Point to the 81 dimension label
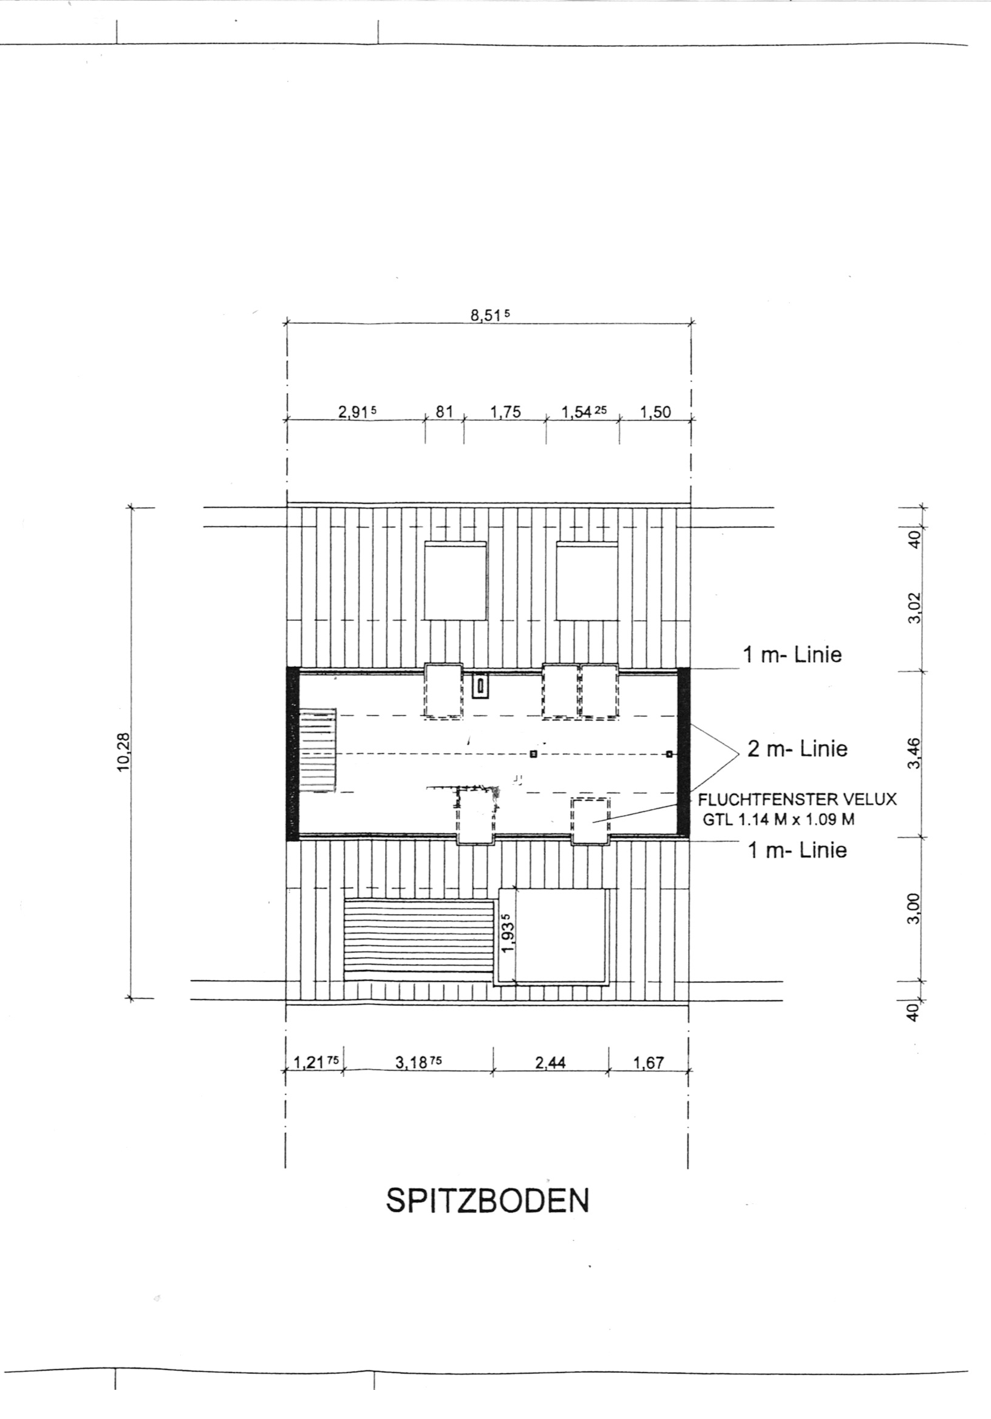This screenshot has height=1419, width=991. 445,412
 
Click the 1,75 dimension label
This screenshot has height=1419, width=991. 505,412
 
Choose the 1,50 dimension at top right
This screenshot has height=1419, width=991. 655,412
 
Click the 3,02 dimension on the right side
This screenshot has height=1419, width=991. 916,608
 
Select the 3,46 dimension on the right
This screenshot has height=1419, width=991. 916,753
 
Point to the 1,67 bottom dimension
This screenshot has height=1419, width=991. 648,1062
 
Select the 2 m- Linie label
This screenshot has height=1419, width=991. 797,749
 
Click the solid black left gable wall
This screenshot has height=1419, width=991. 293,753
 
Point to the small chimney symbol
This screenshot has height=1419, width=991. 480,686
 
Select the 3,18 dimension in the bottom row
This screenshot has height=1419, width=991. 419,1062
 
